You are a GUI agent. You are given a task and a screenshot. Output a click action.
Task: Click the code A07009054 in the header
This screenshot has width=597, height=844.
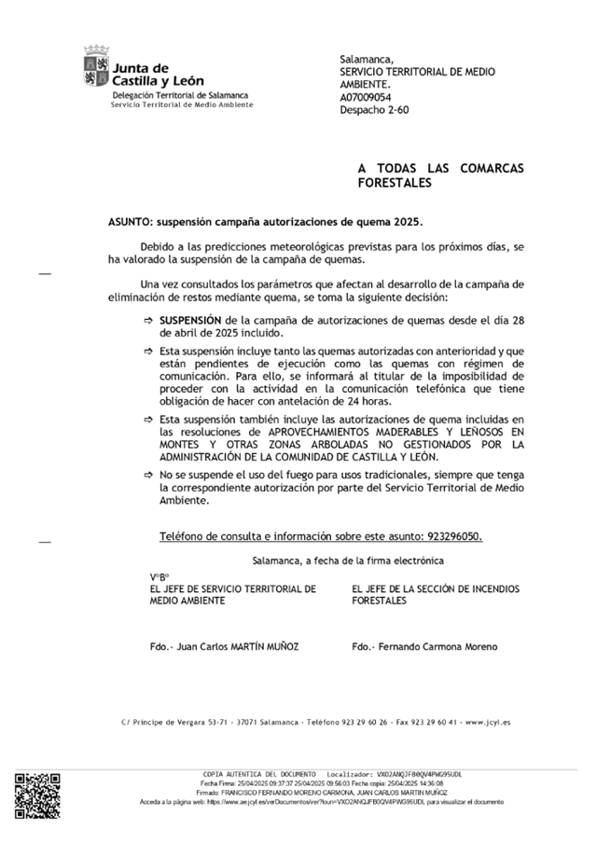point(365,96)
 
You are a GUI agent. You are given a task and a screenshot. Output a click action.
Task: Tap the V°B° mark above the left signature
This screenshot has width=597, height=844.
point(160,577)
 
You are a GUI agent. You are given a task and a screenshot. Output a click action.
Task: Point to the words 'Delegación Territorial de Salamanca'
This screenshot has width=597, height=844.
point(180,95)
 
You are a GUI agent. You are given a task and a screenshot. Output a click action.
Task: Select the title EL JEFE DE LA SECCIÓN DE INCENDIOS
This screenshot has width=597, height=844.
point(436,589)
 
